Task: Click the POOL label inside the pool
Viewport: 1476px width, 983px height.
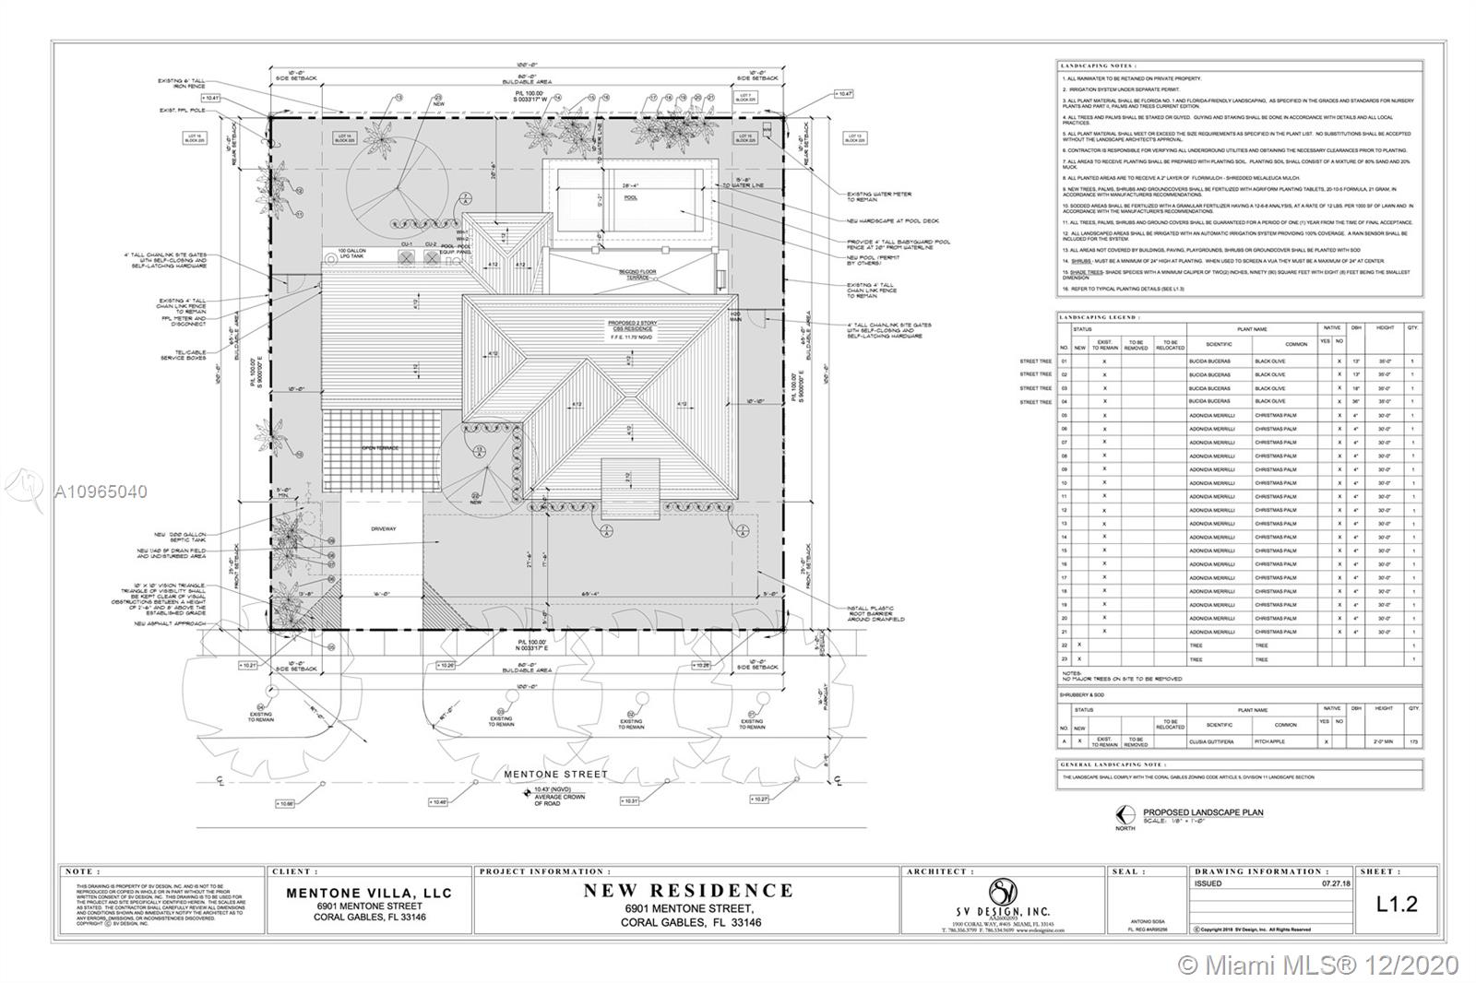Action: tap(631, 197)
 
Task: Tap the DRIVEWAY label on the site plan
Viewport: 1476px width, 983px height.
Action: tap(384, 529)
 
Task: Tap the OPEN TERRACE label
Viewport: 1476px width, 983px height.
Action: tap(380, 448)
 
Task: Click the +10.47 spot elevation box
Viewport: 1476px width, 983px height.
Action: tap(843, 94)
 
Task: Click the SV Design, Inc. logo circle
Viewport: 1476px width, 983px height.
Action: tap(1002, 893)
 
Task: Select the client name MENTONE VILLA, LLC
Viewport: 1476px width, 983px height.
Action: tap(369, 893)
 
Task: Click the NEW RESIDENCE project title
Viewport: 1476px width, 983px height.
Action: tap(688, 891)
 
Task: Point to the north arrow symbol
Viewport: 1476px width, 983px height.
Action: tap(1124, 814)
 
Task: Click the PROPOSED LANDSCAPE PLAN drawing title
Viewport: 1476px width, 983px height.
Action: tap(1203, 812)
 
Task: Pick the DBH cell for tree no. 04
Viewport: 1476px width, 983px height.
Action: tap(1355, 402)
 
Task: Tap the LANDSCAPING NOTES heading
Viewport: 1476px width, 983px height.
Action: tap(1098, 66)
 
